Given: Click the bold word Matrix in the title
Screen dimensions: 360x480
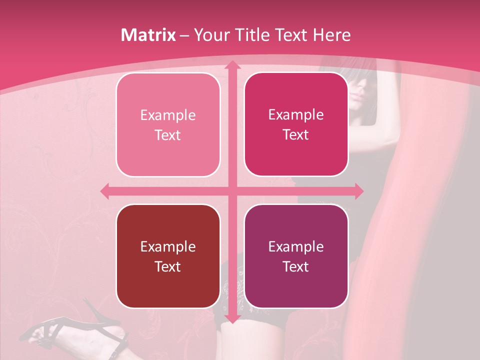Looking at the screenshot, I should [148, 35].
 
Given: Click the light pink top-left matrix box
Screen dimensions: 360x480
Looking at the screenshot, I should [168, 125].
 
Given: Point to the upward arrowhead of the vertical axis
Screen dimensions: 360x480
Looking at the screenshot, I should [231, 65].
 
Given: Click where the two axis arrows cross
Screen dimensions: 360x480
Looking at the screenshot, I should [231, 190].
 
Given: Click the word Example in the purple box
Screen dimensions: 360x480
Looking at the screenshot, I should [296, 246].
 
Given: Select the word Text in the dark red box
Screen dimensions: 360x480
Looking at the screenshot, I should [167, 266].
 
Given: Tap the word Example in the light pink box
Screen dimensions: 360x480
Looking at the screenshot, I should [168, 115].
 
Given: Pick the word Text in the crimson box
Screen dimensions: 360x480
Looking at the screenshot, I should [296, 134].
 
